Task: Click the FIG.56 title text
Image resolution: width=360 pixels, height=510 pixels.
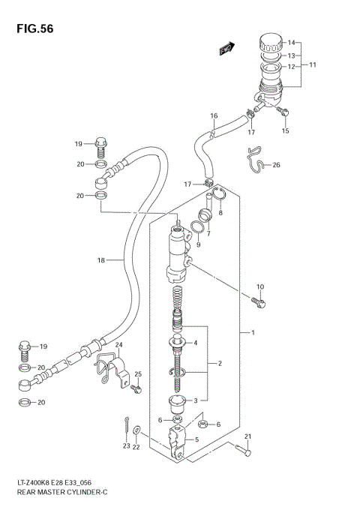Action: coord(28,29)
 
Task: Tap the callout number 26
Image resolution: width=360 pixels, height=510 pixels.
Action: coord(276,165)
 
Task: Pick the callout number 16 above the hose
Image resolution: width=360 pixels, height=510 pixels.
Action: coord(214,115)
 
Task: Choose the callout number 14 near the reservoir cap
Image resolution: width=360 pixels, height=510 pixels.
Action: coord(292,42)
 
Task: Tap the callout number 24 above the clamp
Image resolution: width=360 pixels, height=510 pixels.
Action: coord(118,346)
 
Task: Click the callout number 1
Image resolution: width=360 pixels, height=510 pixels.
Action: coord(254,332)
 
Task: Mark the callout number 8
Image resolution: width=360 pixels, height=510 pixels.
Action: coord(220,212)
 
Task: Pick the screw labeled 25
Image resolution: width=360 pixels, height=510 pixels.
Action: coord(135,389)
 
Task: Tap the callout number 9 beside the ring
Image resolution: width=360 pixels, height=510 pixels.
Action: coord(199,244)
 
